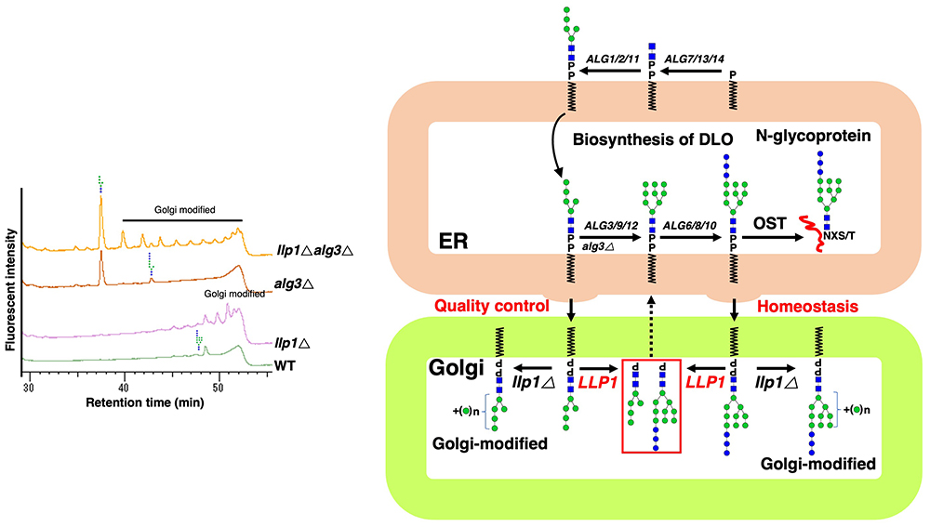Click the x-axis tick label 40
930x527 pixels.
[124, 385]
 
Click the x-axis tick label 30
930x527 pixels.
[29, 385]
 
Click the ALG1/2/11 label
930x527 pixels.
[610, 59]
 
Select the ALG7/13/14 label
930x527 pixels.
[693, 59]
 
